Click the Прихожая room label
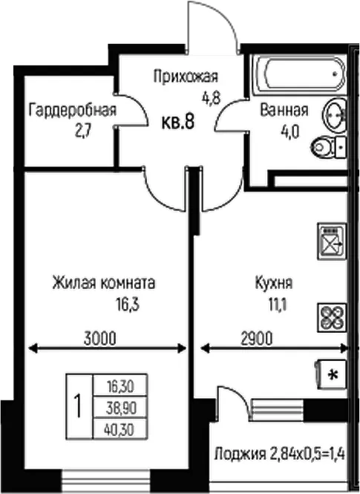pyautogui.click(x=186, y=77)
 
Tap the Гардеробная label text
pyautogui.click(x=73, y=110)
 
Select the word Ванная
pyautogui.click(x=284, y=110)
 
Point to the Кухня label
pyautogui.click(x=273, y=282)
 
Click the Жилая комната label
pyautogui.click(x=104, y=282)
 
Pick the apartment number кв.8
pyautogui.click(x=178, y=122)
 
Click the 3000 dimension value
pyautogui.click(x=100, y=339)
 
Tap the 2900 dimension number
pyautogui.click(x=257, y=339)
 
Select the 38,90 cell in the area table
pyautogui.click(x=120, y=409)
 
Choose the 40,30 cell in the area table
pyautogui.click(x=120, y=429)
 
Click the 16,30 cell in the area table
pyautogui.click(x=120, y=386)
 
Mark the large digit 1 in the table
pyautogui.click(x=78, y=407)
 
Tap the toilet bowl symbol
pyautogui.click(x=328, y=147)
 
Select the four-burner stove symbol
pyautogui.click(x=332, y=317)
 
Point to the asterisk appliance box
pyautogui.click(x=331, y=374)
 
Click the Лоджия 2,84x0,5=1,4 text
pyautogui.click(x=280, y=455)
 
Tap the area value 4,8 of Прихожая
pyautogui.click(x=211, y=98)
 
